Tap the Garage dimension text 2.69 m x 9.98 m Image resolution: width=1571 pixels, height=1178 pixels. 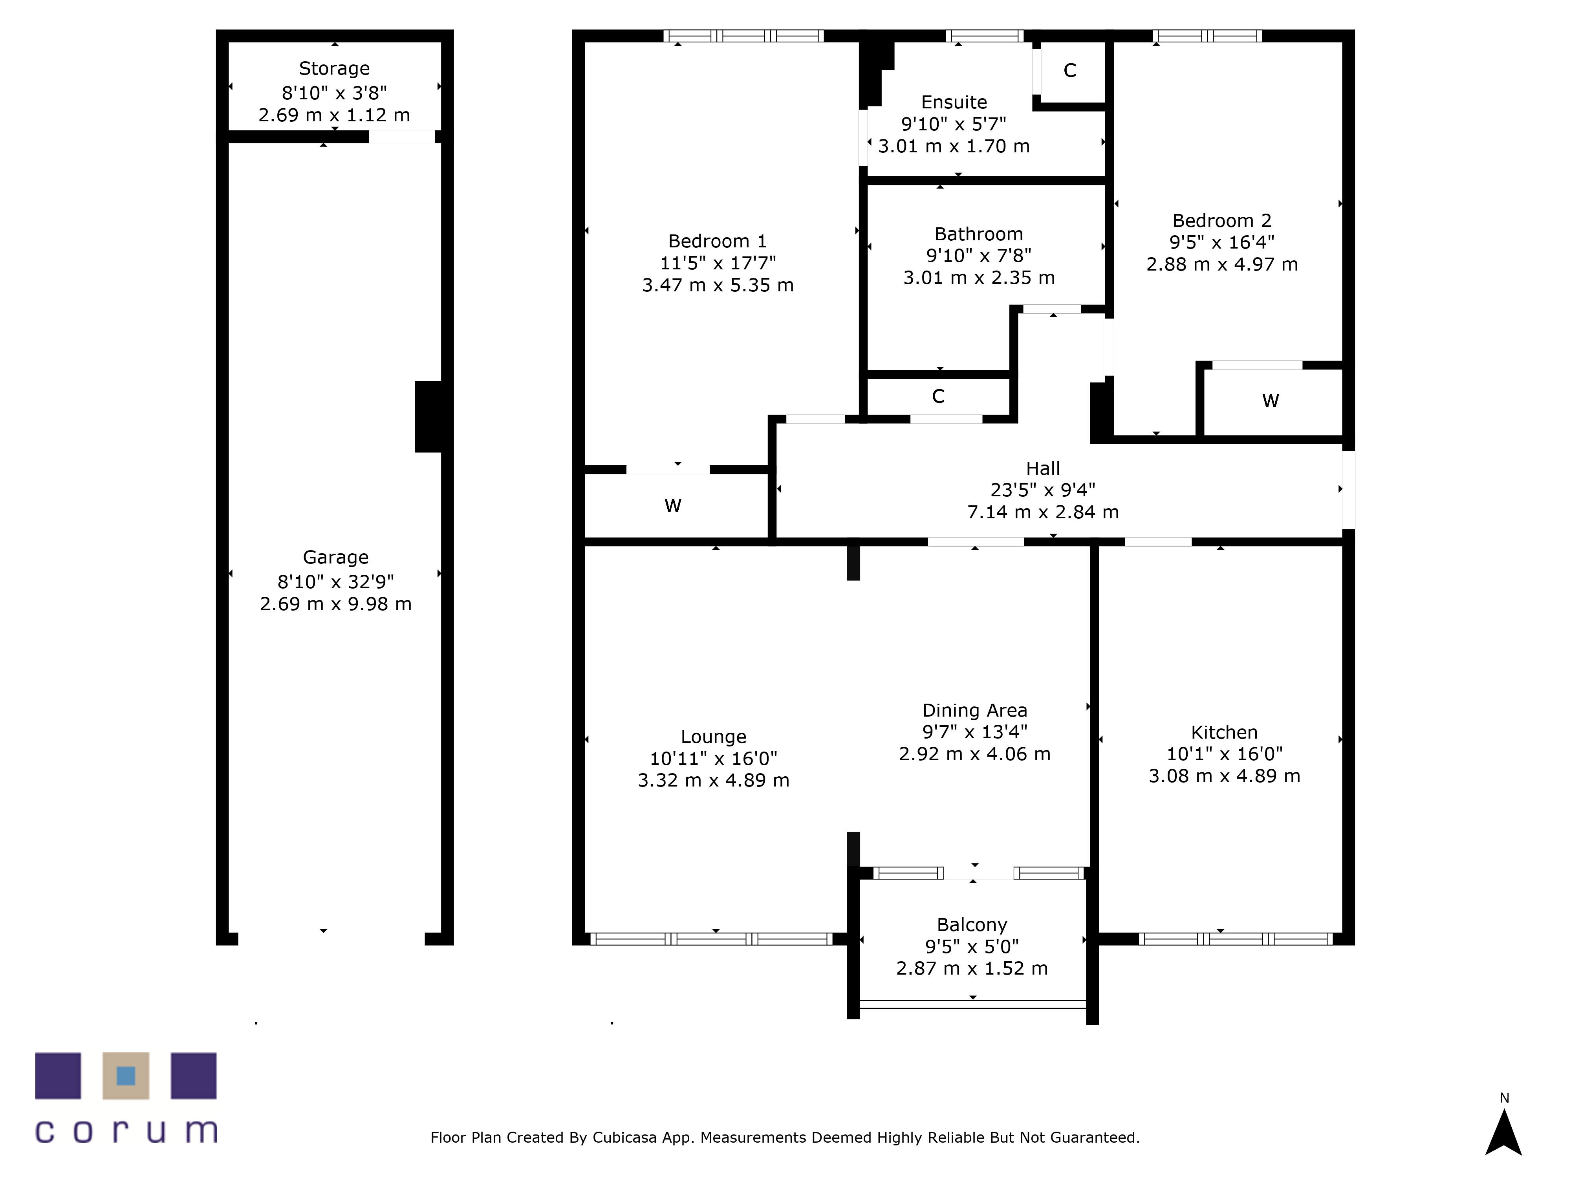click(x=335, y=604)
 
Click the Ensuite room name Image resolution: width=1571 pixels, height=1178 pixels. click(x=954, y=102)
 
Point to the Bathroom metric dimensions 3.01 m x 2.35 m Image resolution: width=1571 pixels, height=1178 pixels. click(x=979, y=278)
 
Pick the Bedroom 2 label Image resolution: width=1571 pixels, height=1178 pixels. click(x=1221, y=221)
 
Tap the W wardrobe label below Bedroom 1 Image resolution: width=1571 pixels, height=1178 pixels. click(x=672, y=506)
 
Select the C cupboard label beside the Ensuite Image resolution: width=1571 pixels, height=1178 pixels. click(x=1069, y=70)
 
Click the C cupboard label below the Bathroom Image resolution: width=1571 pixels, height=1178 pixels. click(x=938, y=396)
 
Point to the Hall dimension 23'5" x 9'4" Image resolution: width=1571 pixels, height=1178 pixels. click(x=1043, y=490)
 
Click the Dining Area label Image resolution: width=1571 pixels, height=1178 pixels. click(x=974, y=710)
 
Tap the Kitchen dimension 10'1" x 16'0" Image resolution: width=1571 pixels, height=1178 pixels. click(x=1225, y=754)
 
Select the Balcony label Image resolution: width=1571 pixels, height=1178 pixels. click(x=972, y=924)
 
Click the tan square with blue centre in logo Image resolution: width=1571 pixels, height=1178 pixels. click(x=126, y=1076)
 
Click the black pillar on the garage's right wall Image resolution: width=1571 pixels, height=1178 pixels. click(x=428, y=417)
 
